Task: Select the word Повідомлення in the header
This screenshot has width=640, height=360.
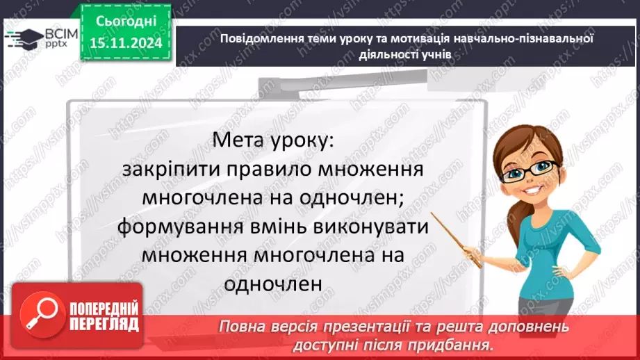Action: point(260,39)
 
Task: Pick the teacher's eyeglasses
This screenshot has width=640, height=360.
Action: point(534,169)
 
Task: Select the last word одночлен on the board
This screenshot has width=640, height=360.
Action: point(273,284)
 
